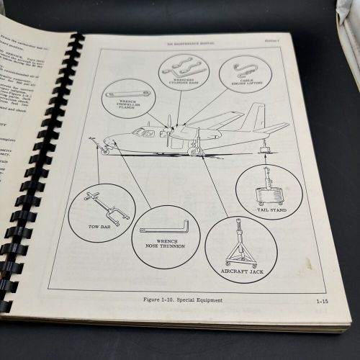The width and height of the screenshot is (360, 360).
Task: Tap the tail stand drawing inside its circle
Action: tap(268, 187)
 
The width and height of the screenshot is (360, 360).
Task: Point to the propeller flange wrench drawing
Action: tap(124, 95)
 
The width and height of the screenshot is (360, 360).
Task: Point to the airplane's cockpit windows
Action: tap(143, 133)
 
